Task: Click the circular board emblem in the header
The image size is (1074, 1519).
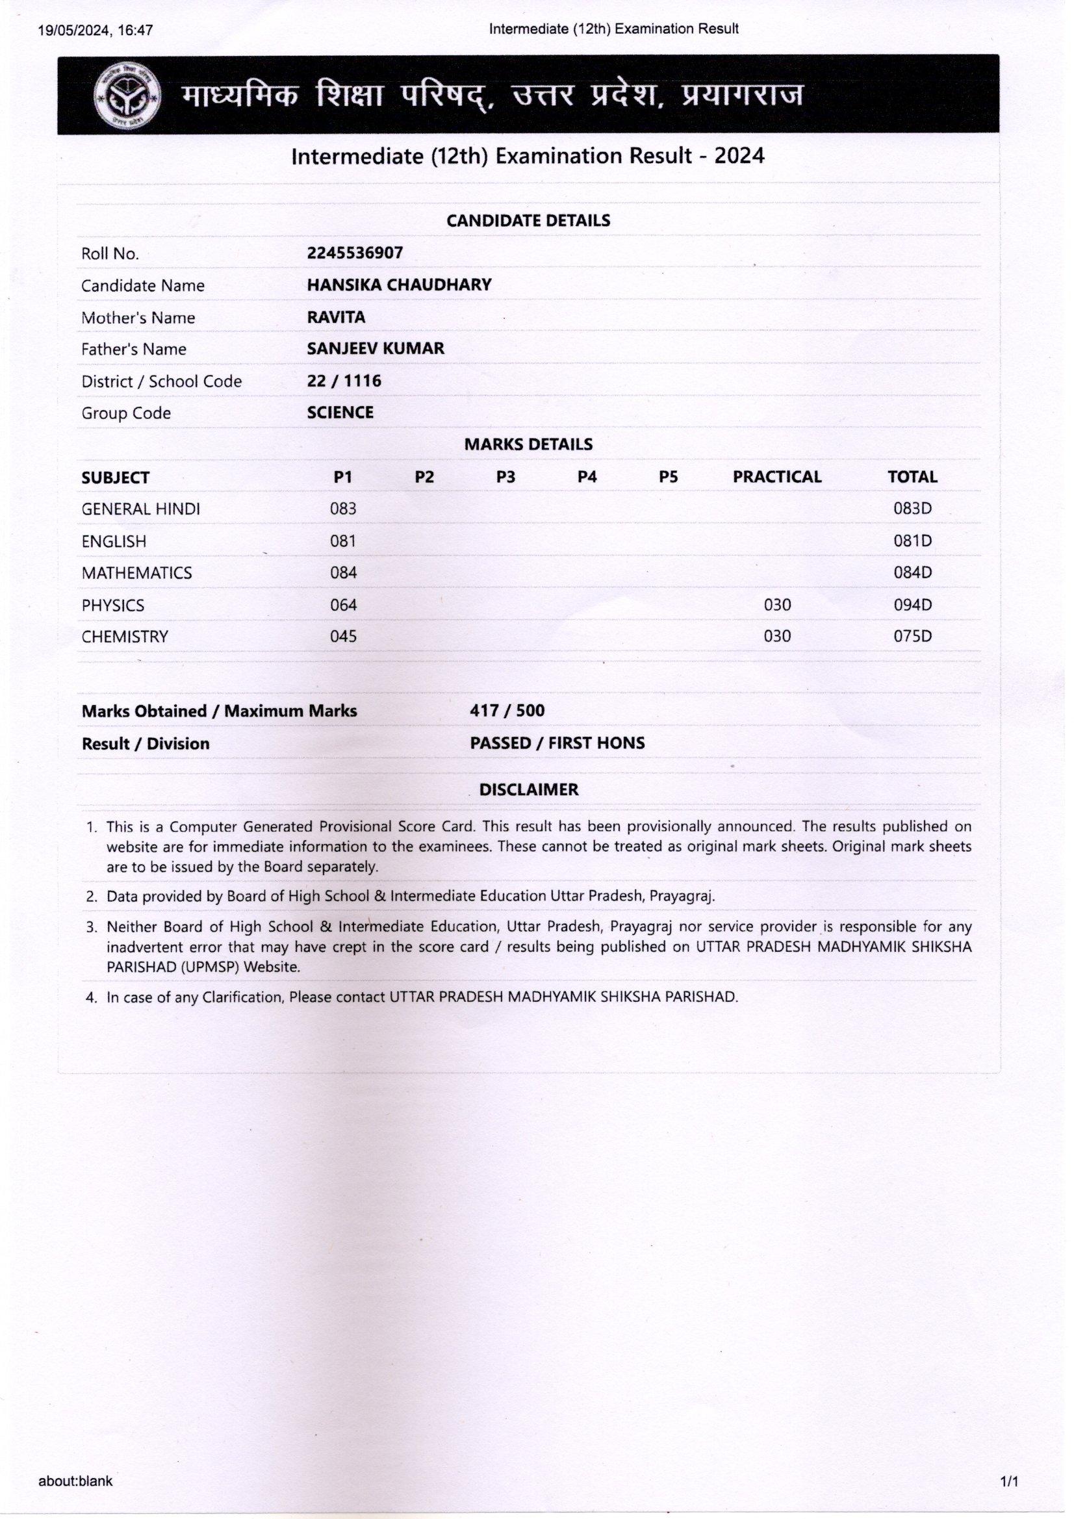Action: (x=127, y=96)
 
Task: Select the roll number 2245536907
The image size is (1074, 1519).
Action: (x=355, y=253)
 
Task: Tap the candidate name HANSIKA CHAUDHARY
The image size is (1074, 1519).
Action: (x=399, y=285)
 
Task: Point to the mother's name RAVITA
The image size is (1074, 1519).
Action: (x=336, y=317)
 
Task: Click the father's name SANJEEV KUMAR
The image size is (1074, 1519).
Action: (x=375, y=349)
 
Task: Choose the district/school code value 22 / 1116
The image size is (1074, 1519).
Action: (x=344, y=381)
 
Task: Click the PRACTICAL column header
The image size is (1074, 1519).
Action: (x=777, y=477)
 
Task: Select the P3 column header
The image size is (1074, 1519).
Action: (x=505, y=477)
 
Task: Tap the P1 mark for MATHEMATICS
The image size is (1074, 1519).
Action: (x=344, y=573)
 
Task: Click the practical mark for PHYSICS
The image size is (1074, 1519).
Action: (x=777, y=605)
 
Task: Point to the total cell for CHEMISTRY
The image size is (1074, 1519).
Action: (x=912, y=637)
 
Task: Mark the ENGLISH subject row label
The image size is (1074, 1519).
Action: (x=114, y=541)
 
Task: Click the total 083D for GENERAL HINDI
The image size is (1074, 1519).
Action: (x=912, y=509)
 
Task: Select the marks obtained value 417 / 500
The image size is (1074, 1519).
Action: (x=507, y=711)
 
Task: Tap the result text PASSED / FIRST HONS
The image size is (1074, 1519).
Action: (x=557, y=743)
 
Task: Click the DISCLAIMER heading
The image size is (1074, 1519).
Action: (x=529, y=789)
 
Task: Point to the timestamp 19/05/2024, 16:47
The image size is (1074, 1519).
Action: (x=96, y=30)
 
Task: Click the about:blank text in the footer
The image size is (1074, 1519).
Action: (x=75, y=1481)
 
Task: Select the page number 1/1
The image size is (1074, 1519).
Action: (x=1009, y=1481)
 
